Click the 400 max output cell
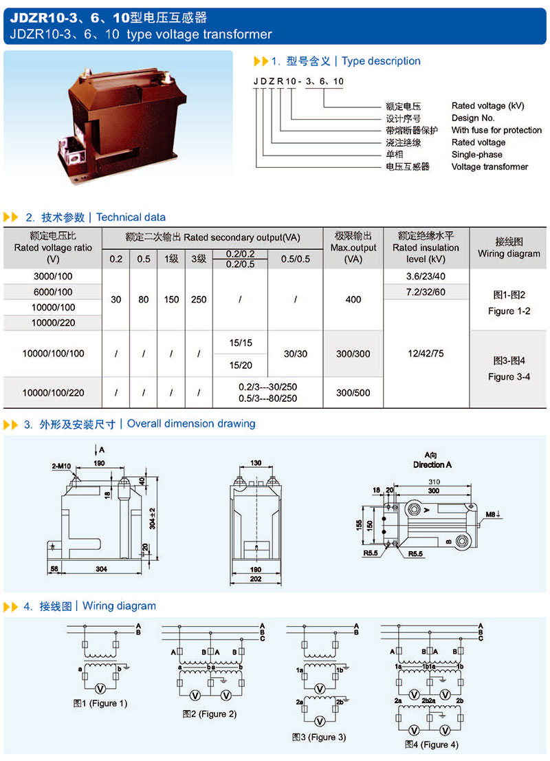(x=353, y=299)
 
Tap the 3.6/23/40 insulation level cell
(x=426, y=276)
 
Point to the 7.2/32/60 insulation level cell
(x=426, y=292)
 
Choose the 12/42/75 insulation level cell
(x=426, y=353)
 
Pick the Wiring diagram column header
(x=509, y=248)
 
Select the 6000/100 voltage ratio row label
(x=53, y=292)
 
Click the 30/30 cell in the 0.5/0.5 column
(x=295, y=353)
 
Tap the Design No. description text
(x=473, y=118)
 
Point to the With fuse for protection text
(x=496, y=130)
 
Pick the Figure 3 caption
(x=318, y=737)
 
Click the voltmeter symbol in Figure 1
(x=99, y=687)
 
